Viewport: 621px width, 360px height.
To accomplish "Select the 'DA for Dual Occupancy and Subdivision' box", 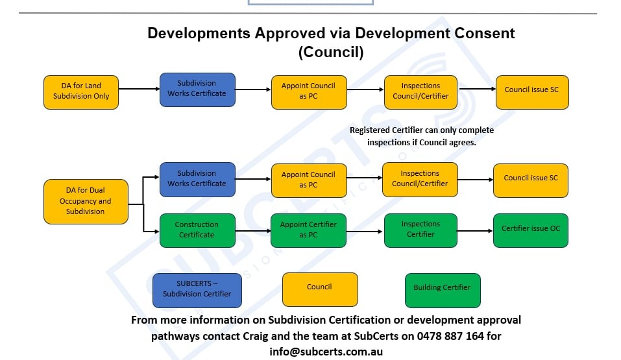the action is point(85,201).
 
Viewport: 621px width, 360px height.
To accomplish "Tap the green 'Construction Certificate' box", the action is point(197,230).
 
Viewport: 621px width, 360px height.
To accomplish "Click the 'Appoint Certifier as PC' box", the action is point(308,230).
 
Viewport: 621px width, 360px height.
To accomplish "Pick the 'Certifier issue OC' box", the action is point(530,230).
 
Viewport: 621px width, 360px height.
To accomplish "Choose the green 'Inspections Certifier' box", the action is point(420,230).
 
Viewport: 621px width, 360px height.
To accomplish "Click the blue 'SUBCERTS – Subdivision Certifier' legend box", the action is point(197,289).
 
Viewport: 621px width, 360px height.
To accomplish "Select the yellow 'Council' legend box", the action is point(319,287).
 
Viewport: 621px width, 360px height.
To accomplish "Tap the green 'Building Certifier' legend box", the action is point(442,288).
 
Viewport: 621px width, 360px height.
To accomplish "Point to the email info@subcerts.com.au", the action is point(326,352).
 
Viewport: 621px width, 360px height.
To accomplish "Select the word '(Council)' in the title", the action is point(331,53).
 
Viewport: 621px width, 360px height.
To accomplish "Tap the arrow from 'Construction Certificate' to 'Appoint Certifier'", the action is point(252,230).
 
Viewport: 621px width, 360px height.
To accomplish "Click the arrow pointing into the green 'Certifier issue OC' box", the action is point(474,230).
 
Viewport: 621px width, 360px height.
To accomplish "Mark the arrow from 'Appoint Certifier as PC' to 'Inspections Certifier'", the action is point(365,230).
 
